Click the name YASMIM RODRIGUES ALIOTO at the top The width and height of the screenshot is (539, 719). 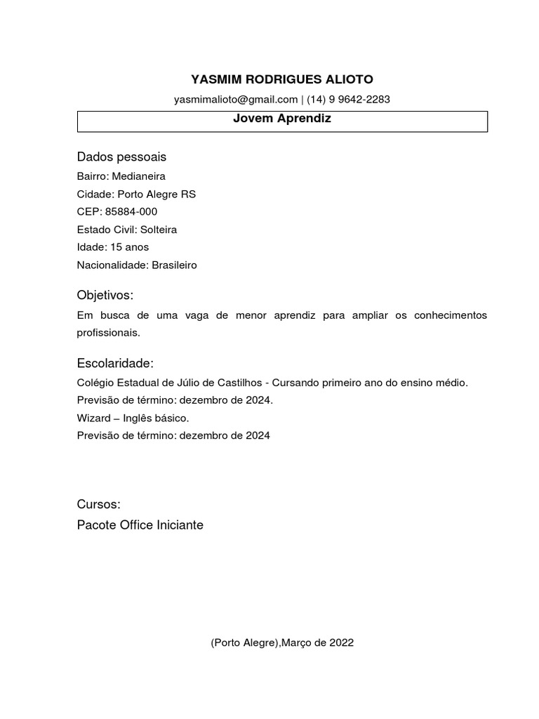pyautogui.click(x=282, y=79)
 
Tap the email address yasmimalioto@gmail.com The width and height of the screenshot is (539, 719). pyautogui.click(x=236, y=100)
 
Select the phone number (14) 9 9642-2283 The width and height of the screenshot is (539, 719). pyautogui.click(x=348, y=100)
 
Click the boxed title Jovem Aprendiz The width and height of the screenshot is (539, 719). pyautogui.click(x=282, y=119)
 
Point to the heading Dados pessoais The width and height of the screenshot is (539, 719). pyautogui.click(x=121, y=157)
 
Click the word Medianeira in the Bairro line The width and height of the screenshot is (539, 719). pyautogui.click(x=138, y=176)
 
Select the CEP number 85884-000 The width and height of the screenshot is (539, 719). pyautogui.click(x=131, y=211)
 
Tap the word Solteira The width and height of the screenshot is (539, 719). pyautogui.click(x=159, y=230)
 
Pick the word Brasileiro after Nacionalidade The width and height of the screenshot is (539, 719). pyautogui.click(x=174, y=265)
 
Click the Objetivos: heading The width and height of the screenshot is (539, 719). pyautogui.click(x=105, y=295)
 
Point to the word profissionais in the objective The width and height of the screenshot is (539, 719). pyautogui.click(x=108, y=333)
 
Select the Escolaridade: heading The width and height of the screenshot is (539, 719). pyautogui.click(x=115, y=363)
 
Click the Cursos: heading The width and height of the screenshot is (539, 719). pyautogui.click(x=99, y=505)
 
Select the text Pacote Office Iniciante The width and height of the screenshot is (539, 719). pyautogui.click(x=140, y=525)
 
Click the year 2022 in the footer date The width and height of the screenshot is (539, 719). pyautogui.click(x=341, y=642)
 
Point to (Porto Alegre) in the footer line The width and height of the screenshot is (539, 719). pyautogui.click(x=245, y=642)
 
